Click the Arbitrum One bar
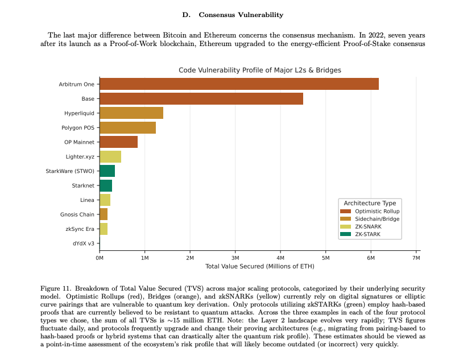[239, 84]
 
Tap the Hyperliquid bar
[131, 113]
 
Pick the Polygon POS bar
[127, 127]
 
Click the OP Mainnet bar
[118, 142]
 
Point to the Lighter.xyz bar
[110, 156]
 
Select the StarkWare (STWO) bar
[107, 171]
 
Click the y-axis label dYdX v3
[84, 243]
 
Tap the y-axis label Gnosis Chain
[77, 214]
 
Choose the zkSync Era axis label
[80, 229]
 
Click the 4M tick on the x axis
[280, 258]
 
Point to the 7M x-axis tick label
[416, 258]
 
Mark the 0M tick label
[100, 258]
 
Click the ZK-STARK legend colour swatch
[346, 233]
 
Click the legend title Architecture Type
[370, 203]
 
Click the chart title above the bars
[259, 70]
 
